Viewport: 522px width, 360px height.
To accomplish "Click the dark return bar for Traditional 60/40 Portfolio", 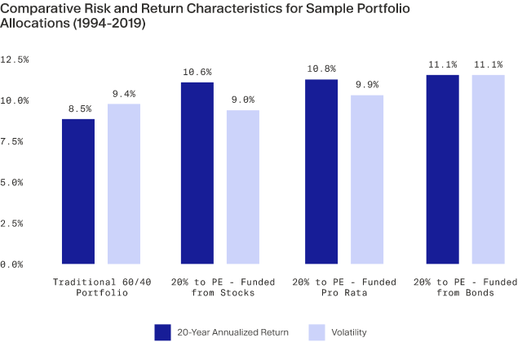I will (x=78, y=191).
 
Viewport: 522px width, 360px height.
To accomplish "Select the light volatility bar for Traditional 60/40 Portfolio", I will (x=124, y=184).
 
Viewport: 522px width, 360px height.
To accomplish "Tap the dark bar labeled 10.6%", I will (x=197, y=173).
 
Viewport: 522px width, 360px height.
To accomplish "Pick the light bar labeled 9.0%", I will (x=243, y=187).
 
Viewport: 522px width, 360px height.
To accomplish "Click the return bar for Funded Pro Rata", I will (x=321, y=171).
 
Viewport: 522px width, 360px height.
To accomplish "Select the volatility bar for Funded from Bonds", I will (x=489, y=169).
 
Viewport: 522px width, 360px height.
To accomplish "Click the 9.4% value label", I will (x=124, y=92).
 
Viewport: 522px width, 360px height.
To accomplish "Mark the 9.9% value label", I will (x=367, y=83).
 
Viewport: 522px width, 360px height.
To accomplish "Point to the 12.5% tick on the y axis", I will (x=15, y=60).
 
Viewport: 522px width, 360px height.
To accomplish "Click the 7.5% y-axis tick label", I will (x=15, y=141).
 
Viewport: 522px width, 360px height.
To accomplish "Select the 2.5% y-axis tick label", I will (x=15, y=223).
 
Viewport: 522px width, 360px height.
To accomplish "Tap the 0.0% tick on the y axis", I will (x=15, y=264).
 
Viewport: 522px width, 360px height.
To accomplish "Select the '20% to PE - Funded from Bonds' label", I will (x=466, y=286).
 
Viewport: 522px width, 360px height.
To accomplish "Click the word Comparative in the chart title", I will (x=46, y=11).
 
